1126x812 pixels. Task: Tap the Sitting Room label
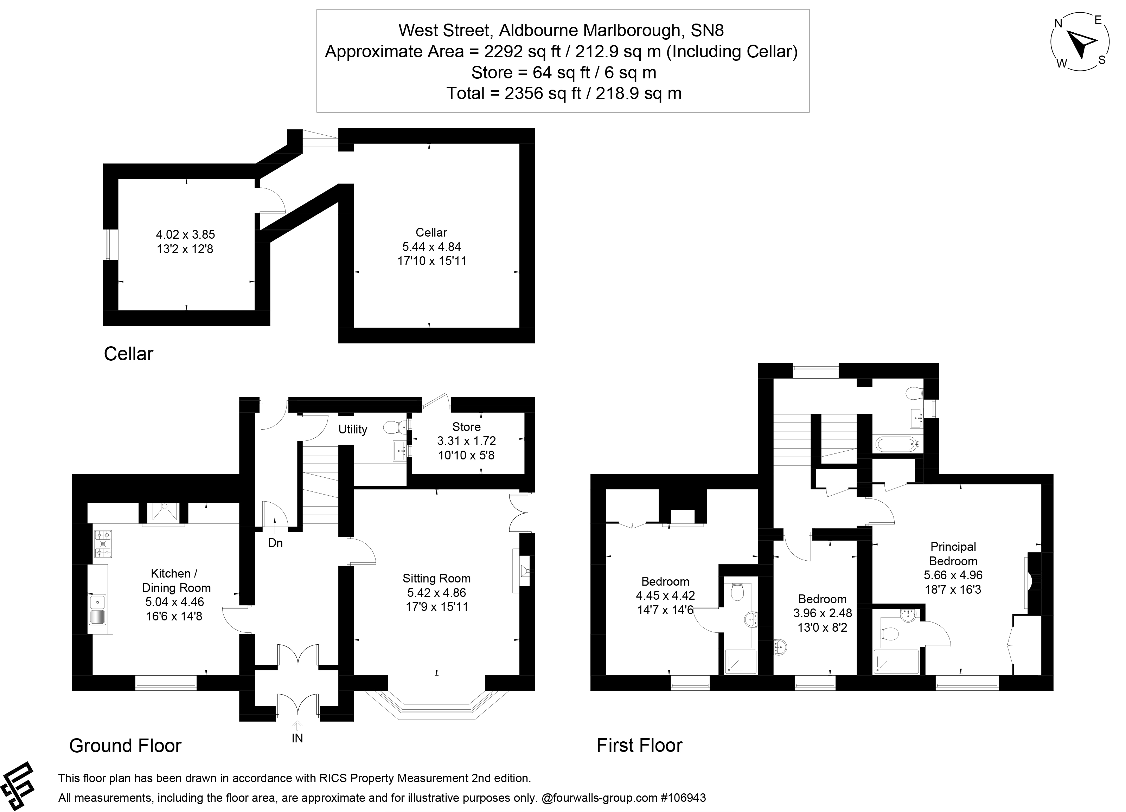(436, 578)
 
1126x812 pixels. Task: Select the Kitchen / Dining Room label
(175, 581)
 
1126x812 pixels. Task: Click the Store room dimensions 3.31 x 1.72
(466, 441)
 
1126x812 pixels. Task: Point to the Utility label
(352, 429)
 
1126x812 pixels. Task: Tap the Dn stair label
(275, 543)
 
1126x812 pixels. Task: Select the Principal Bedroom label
(953, 554)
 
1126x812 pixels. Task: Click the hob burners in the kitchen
(103, 544)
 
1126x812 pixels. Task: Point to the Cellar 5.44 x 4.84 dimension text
(431, 247)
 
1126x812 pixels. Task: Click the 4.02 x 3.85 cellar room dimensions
(185, 234)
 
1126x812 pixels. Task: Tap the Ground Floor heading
(125, 746)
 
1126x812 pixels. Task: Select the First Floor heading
(639, 746)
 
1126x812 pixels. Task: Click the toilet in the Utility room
(395, 426)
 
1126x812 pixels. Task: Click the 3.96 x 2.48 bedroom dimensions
(823, 613)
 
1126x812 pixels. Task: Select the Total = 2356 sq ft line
(563, 93)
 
